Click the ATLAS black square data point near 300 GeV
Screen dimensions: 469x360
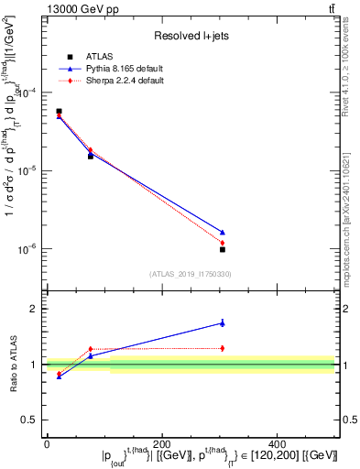coord(223,249)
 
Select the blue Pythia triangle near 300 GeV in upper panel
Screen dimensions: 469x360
coord(223,232)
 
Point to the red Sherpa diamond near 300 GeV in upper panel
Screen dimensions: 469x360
coord(223,243)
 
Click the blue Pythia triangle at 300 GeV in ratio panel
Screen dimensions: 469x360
coord(223,322)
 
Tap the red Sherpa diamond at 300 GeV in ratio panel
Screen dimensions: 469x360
coord(223,348)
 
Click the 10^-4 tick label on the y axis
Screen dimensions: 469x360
coord(28,93)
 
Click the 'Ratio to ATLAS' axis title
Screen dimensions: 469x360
coord(13,364)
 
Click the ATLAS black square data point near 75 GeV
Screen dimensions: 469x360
coord(90,156)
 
